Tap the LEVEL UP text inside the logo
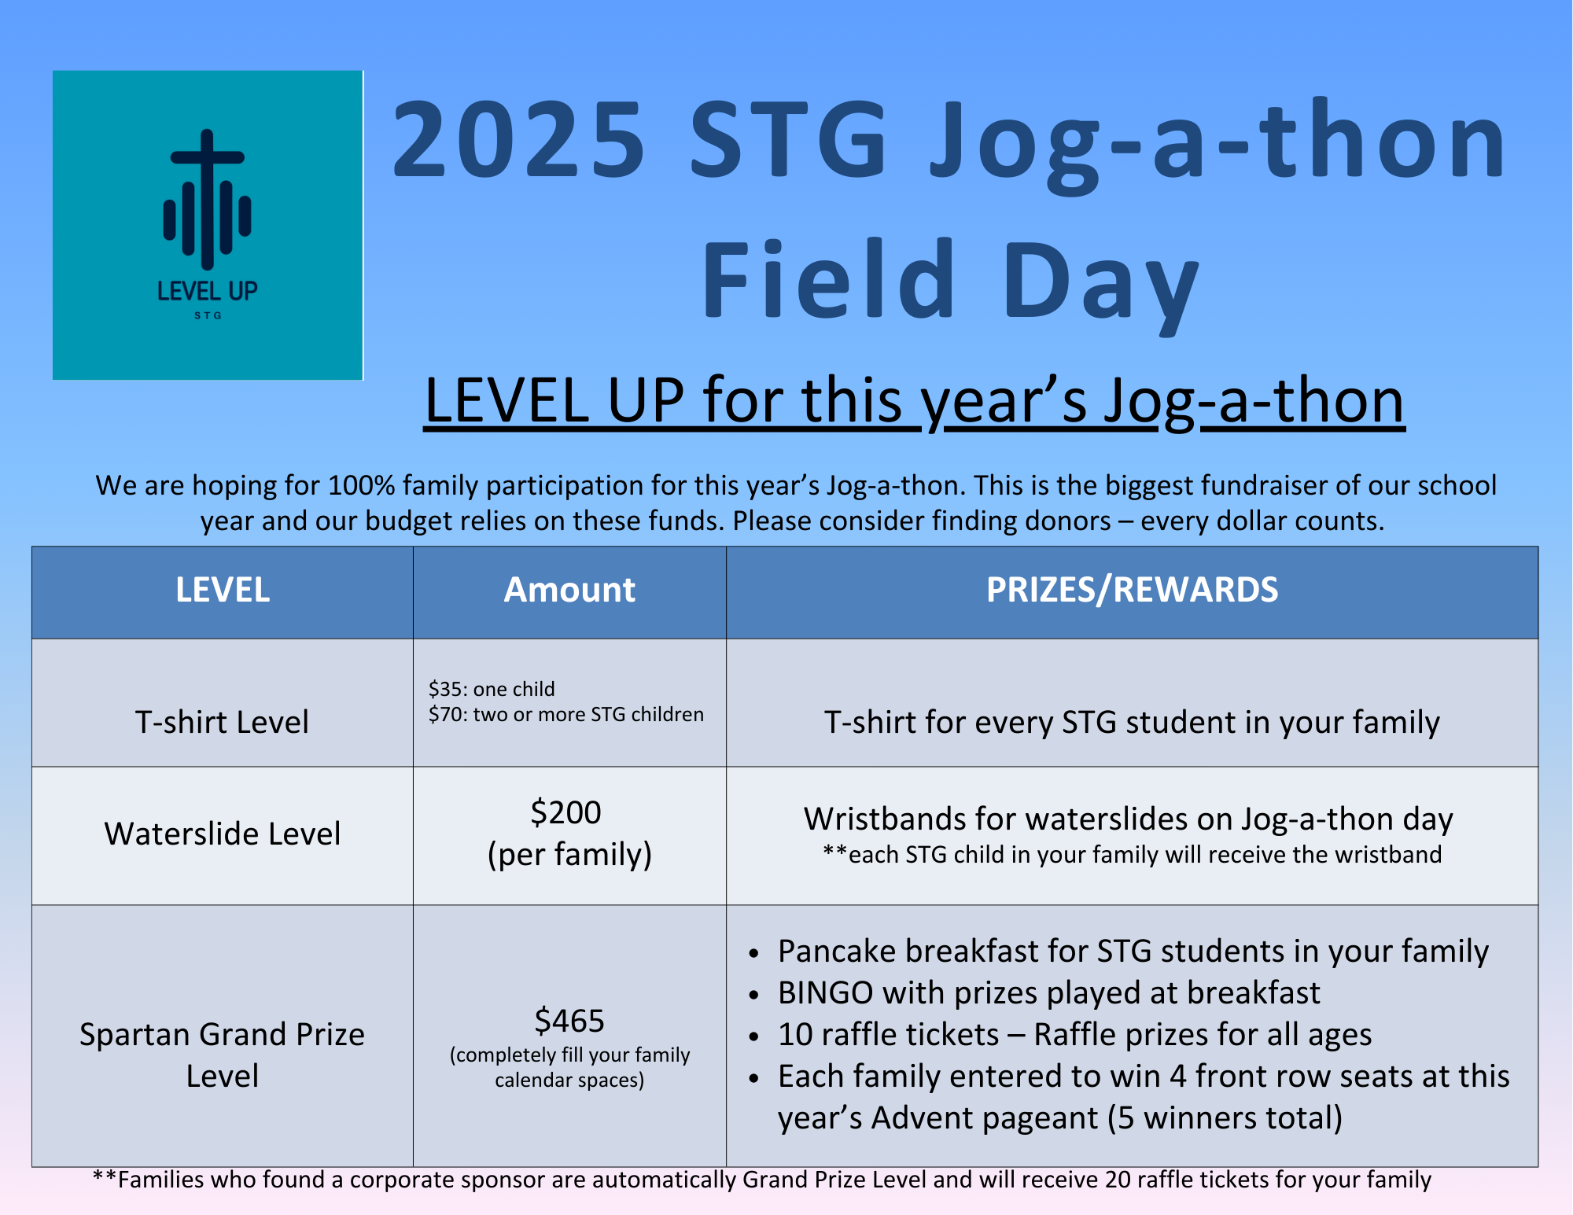click(x=208, y=291)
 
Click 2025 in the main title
click(x=519, y=140)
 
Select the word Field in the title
click(x=829, y=279)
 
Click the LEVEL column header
click(x=223, y=590)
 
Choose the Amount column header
click(x=569, y=590)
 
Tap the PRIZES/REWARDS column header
click(x=1133, y=590)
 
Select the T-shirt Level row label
click(x=222, y=722)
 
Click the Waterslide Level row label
click(x=223, y=834)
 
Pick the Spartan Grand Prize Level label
click(x=223, y=1055)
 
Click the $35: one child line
click(x=492, y=690)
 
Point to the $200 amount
click(x=566, y=812)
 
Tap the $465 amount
click(x=569, y=1021)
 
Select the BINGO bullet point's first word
click(x=826, y=993)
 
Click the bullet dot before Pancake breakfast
click(x=754, y=954)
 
